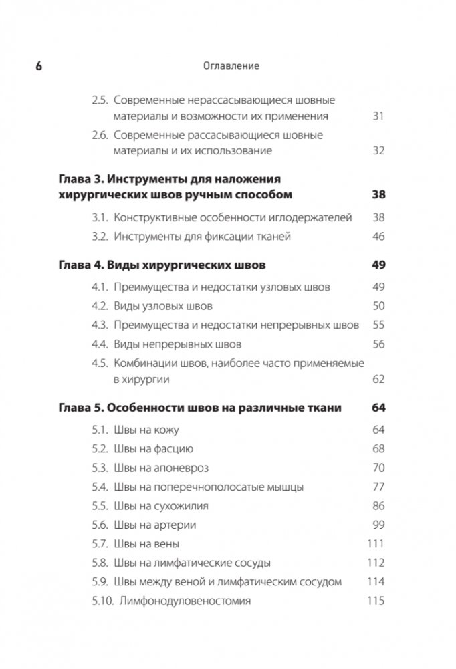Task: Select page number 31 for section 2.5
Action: coord(378,116)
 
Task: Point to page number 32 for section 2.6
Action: coord(378,150)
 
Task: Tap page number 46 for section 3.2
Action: coord(378,236)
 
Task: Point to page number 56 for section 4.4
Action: coord(378,344)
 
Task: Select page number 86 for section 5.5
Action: coord(378,506)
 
